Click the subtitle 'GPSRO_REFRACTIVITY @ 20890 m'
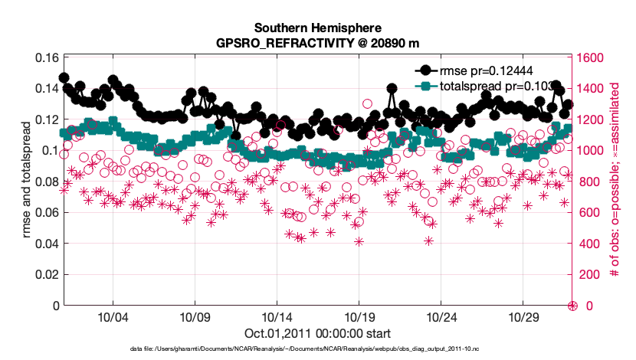click(x=318, y=43)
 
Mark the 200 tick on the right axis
click(x=588, y=275)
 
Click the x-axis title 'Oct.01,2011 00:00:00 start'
click(x=318, y=333)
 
